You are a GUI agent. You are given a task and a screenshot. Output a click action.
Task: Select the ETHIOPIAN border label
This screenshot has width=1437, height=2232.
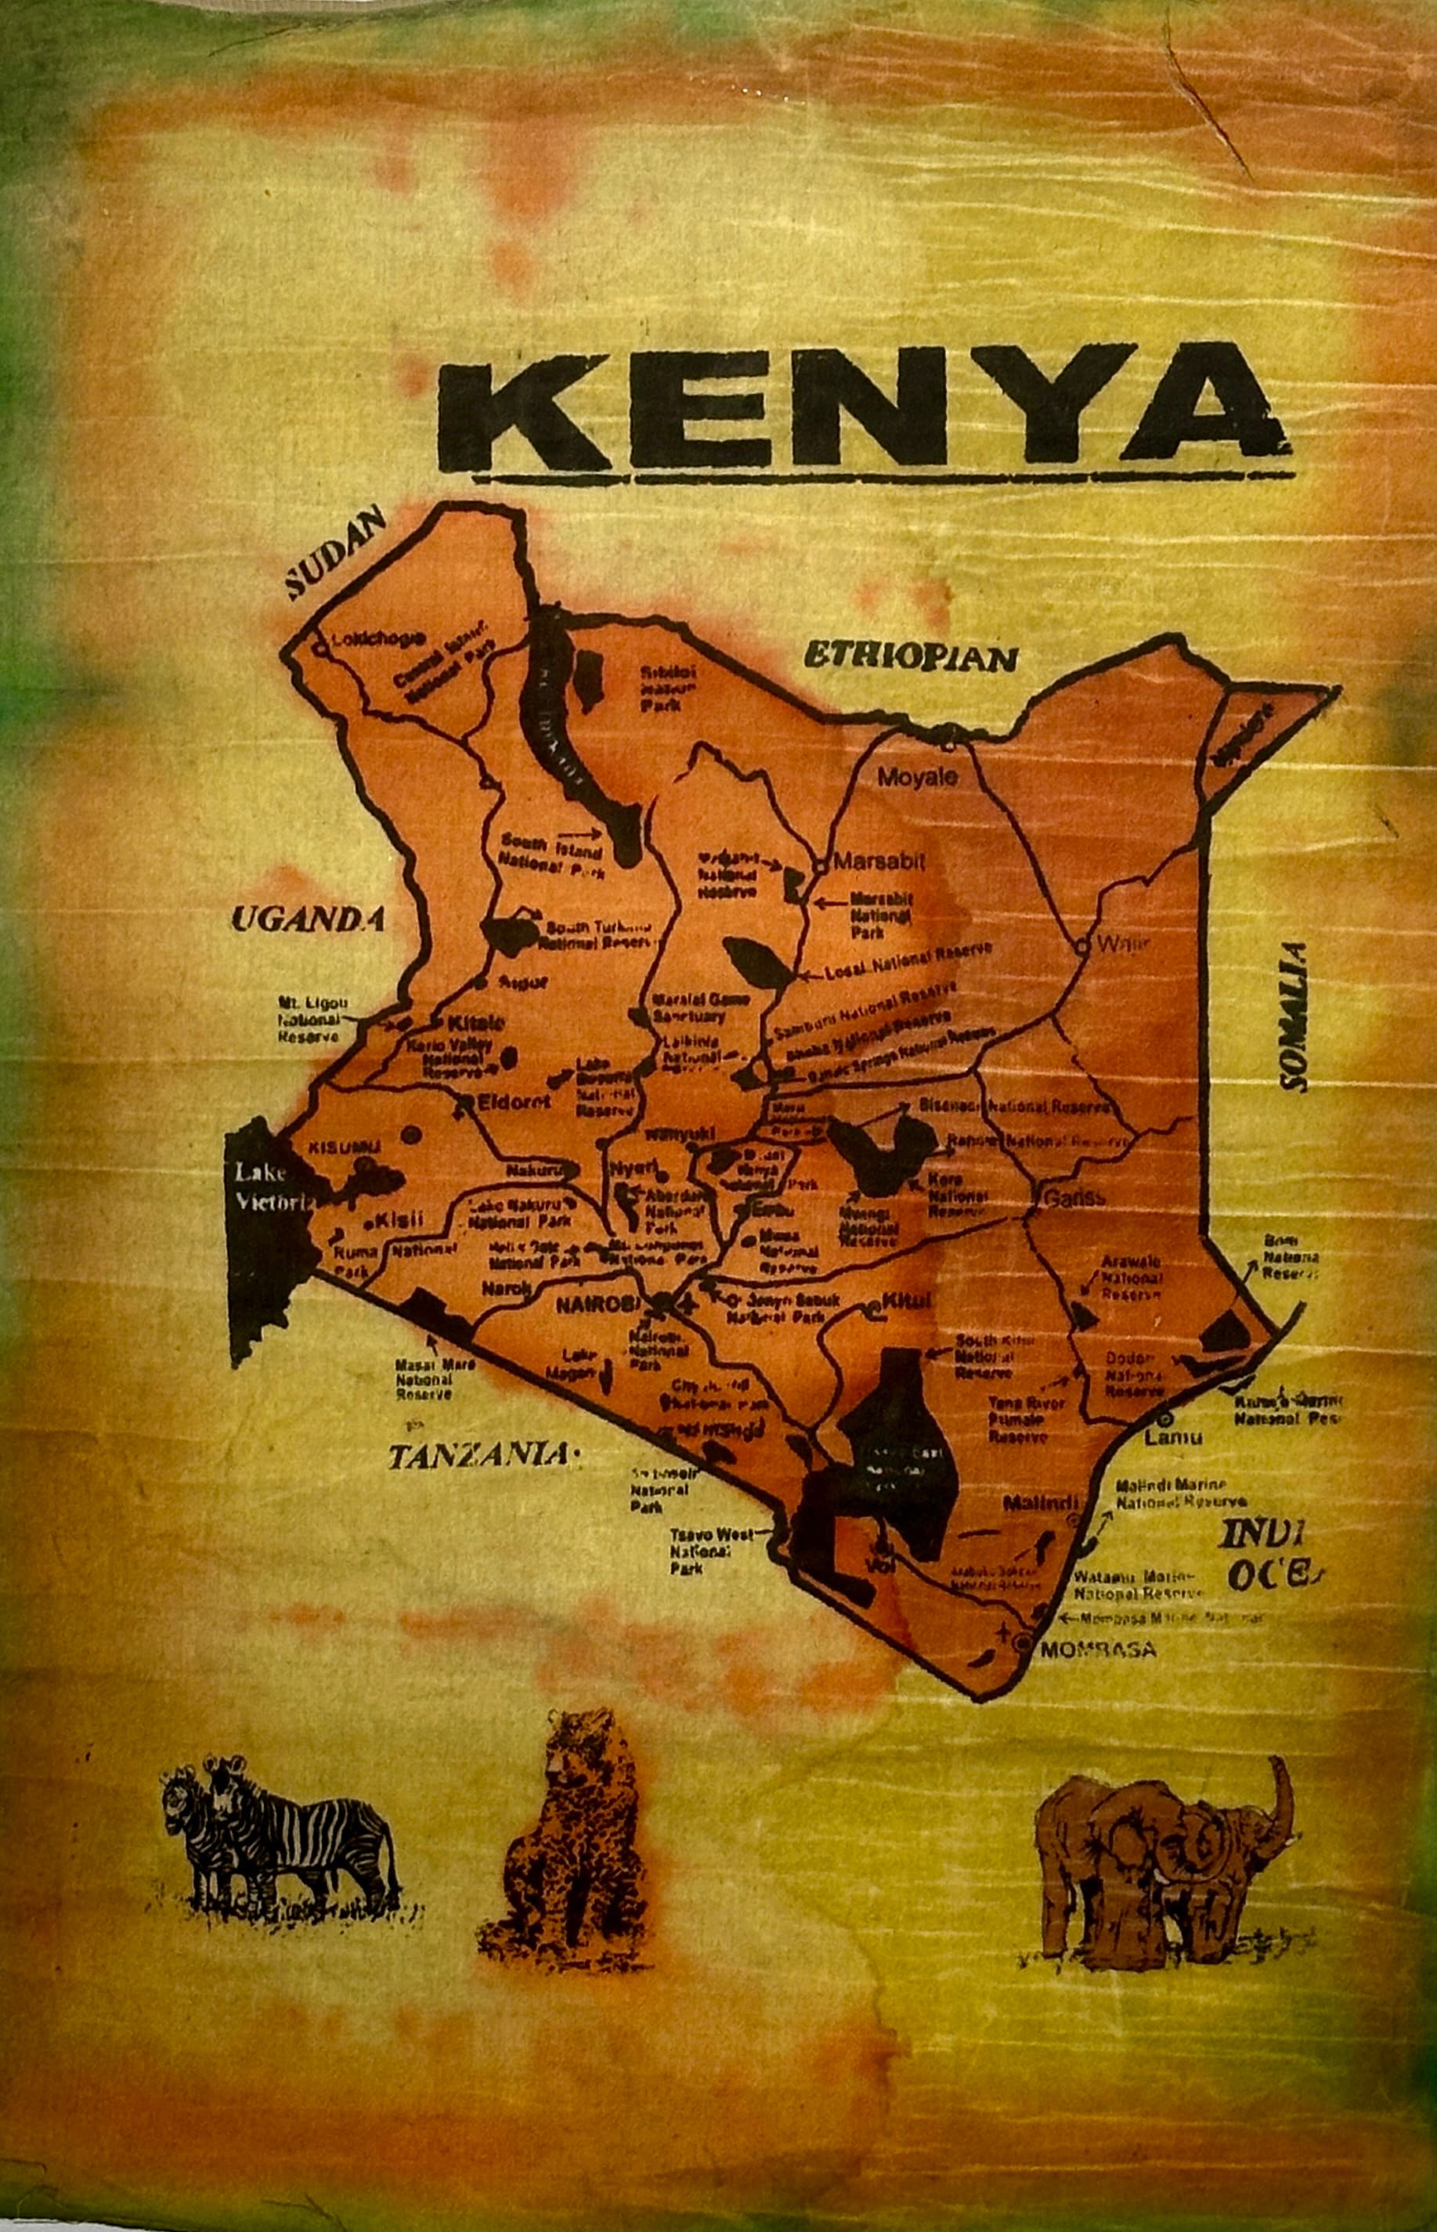pyautogui.click(x=910, y=657)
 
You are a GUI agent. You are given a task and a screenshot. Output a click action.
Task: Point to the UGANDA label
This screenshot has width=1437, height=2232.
pyautogui.click(x=308, y=920)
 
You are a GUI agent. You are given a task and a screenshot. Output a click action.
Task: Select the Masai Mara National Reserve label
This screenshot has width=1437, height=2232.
pyautogui.click(x=424, y=1381)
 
